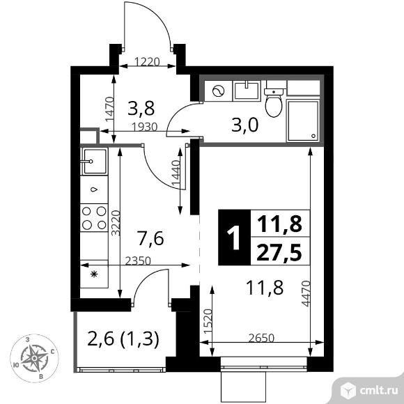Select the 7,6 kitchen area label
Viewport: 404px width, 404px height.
click(x=150, y=240)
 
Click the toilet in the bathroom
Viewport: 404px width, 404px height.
click(x=274, y=102)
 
